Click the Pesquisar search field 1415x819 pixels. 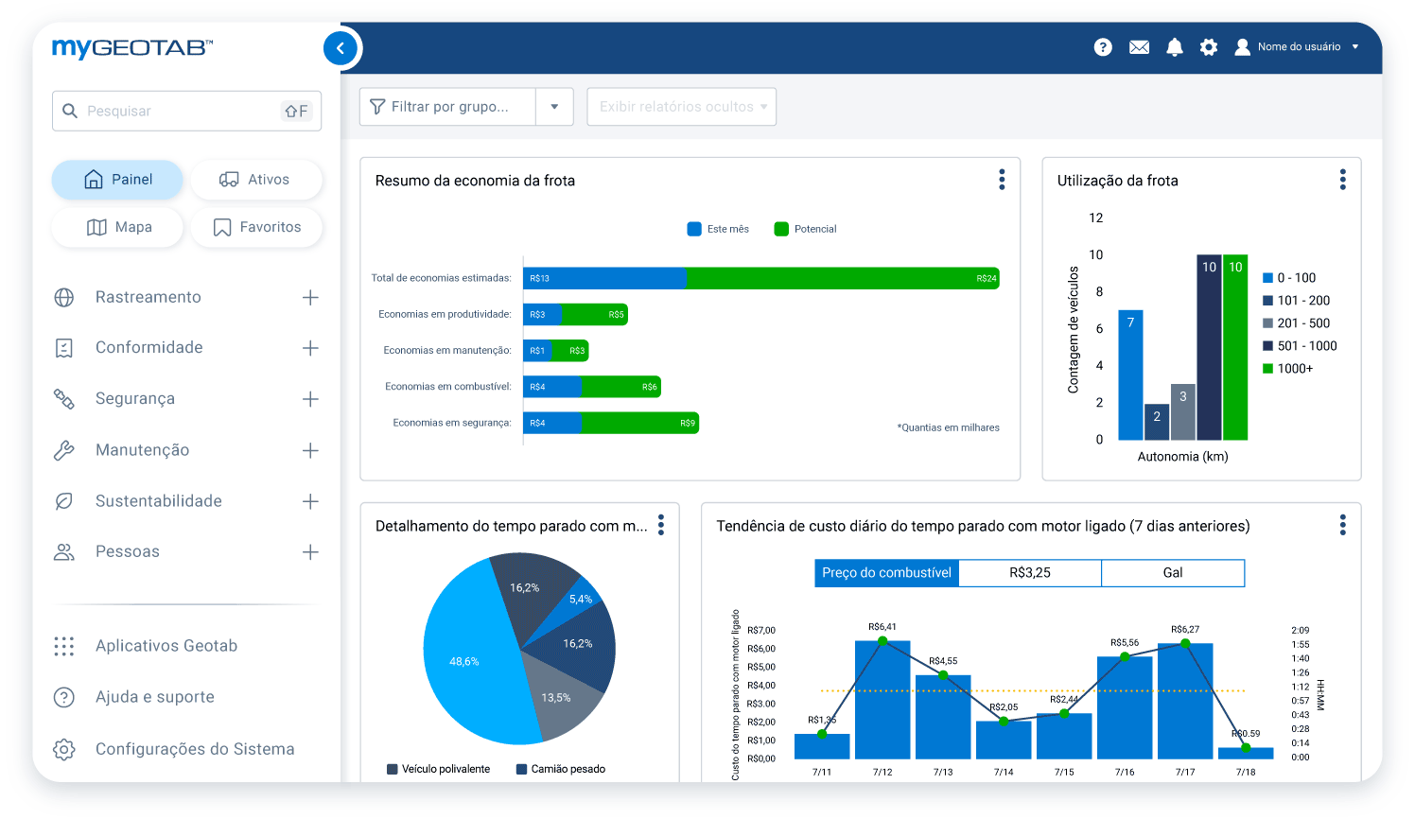[x=180, y=111]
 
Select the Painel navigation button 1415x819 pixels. [x=117, y=180]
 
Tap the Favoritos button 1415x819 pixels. [x=256, y=227]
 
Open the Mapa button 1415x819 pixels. [x=118, y=227]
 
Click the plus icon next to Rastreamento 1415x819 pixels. [x=310, y=298]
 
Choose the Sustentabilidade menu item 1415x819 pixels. [x=158, y=501]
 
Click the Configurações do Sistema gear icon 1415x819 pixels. [x=64, y=749]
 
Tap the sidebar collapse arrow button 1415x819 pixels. [x=341, y=48]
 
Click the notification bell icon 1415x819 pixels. [x=1174, y=47]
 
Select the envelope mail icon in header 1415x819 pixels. [x=1139, y=47]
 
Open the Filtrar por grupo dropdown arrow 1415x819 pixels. [x=555, y=107]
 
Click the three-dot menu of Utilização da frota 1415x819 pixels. [x=1342, y=180]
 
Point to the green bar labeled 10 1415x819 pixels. [x=1235, y=350]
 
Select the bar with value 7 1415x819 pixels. [x=1130, y=376]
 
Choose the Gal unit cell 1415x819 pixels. [x=1172, y=573]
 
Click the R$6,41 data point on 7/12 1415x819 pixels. [x=882, y=641]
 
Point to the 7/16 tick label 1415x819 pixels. [x=1125, y=772]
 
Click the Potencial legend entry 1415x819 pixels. [x=806, y=229]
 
